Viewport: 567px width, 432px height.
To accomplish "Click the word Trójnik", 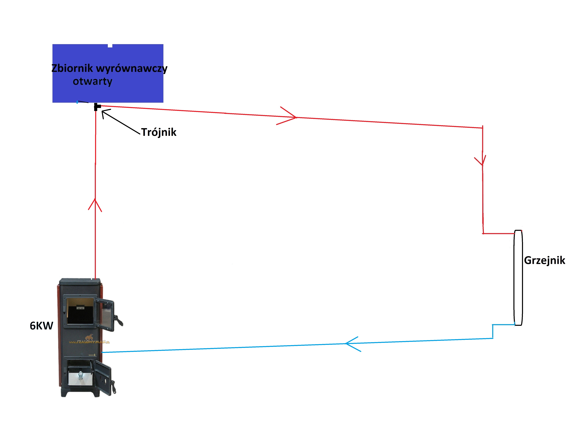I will point(159,132).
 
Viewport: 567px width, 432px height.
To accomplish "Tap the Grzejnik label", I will point(544,260).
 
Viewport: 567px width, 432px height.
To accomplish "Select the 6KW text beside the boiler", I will point(41,326).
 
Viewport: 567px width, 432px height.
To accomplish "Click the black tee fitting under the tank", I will point(96,107).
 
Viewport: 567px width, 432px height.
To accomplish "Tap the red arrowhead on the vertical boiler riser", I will point(95,204).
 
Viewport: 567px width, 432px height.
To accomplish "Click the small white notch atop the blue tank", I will point(110,46).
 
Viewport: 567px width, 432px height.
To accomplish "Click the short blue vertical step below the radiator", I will point(492,331).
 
